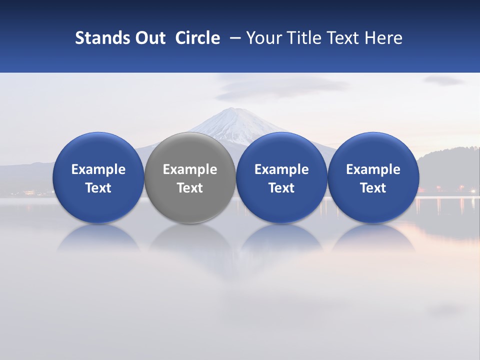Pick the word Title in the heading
(x=300, y=38)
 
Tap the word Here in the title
(x=384, y=38)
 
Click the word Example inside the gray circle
(x=190, y=169)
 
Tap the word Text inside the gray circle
(x=190, y=188)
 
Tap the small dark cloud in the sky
(x=443, y=80)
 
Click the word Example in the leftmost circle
(x=98, y=169)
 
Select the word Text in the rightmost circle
(x=373, y=188)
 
